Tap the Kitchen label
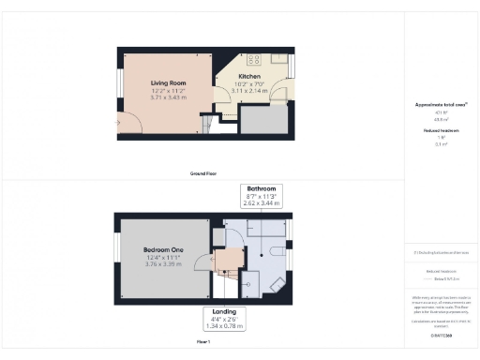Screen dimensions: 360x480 (x=249, y=76)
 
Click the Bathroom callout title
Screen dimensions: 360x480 (x=261, y=187)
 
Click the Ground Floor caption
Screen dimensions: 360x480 (x=203, y=174)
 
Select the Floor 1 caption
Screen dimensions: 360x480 (x=203, y=343)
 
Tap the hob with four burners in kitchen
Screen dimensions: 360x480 (x=279, y=58)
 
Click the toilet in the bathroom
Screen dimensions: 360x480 (x=274, y=252)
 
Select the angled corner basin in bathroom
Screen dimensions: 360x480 (x=276, y=284)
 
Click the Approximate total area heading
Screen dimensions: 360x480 (x=441, y=105)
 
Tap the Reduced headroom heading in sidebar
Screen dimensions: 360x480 (x=441, y=131)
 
